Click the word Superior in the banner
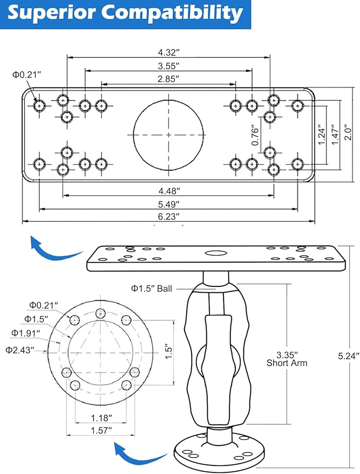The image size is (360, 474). [51, 13]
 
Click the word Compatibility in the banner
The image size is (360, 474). [172, 14]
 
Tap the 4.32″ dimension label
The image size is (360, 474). [168, 52]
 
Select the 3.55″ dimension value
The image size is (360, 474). [168, 66]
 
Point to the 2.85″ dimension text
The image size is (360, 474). [168, 79]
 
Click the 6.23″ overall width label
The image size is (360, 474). [168, 216]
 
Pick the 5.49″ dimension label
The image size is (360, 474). [168, 204]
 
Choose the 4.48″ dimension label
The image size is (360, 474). [169, 191]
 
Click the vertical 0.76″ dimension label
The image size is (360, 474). [256, 135]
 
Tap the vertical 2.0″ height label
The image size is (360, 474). [349, 132]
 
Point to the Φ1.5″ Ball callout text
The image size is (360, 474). [151, 288]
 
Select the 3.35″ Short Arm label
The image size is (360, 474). [287, 359]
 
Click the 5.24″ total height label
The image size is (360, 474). [349, 356]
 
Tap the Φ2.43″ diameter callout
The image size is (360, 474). [18, 350]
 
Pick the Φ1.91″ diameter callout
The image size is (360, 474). [25, 333]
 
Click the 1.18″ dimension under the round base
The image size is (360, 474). [101, 418]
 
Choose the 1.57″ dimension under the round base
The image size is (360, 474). [101, 430]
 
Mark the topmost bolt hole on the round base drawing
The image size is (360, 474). [100, 313]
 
